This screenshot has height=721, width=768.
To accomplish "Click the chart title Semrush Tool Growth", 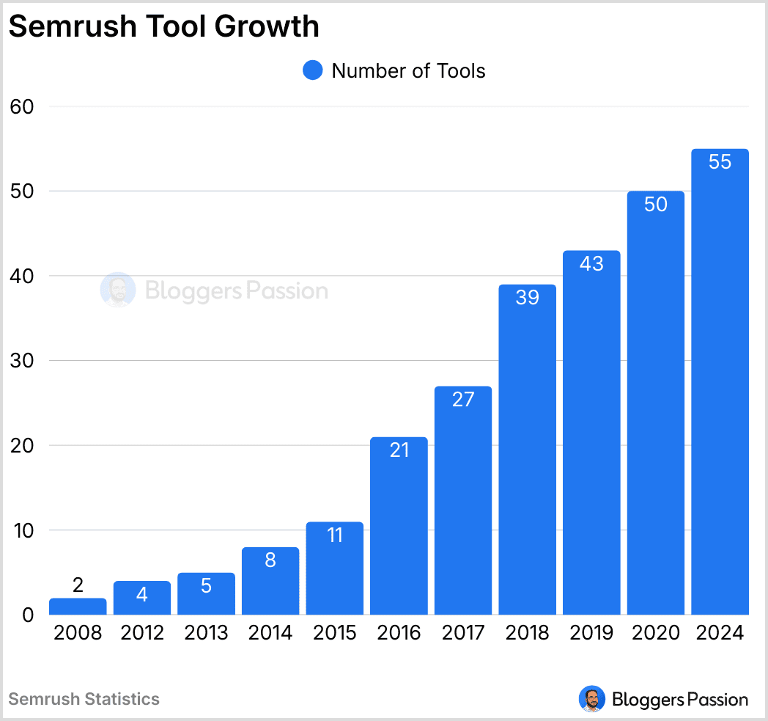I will tap(164, 26).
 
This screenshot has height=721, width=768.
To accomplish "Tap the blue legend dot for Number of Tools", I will tap(313, 70).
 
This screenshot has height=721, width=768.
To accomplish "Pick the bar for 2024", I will tap(720, 381).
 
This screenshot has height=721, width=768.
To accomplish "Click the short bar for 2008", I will tap(78, 607).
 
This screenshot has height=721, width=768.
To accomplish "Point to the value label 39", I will tap(527, 298).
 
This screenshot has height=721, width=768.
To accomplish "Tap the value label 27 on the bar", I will tap(463, 400).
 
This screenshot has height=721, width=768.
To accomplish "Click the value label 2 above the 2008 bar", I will tap(78, 585).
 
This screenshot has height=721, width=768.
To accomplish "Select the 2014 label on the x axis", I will tap(270, 633).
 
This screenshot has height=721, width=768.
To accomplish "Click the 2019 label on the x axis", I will tap(591, 633).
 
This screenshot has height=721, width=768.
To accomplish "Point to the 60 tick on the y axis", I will tap(23, 106).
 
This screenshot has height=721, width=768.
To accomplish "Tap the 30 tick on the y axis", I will tap(23, 361).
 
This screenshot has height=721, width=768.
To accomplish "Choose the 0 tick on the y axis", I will tap(28, 615).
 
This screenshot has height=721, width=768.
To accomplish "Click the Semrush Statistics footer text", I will tap(84, 699).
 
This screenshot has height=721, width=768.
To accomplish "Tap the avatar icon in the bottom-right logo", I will tap(591, 699).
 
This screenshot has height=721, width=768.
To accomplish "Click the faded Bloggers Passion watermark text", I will tap(236, 291).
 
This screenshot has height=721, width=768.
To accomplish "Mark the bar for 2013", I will tap(206, 593).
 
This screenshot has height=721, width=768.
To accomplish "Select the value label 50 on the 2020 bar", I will tap(656, 205).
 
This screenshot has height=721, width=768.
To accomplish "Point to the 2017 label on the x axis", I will tap(463, 633).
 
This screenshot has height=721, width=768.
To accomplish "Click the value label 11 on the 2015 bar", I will tap(335, 535).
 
